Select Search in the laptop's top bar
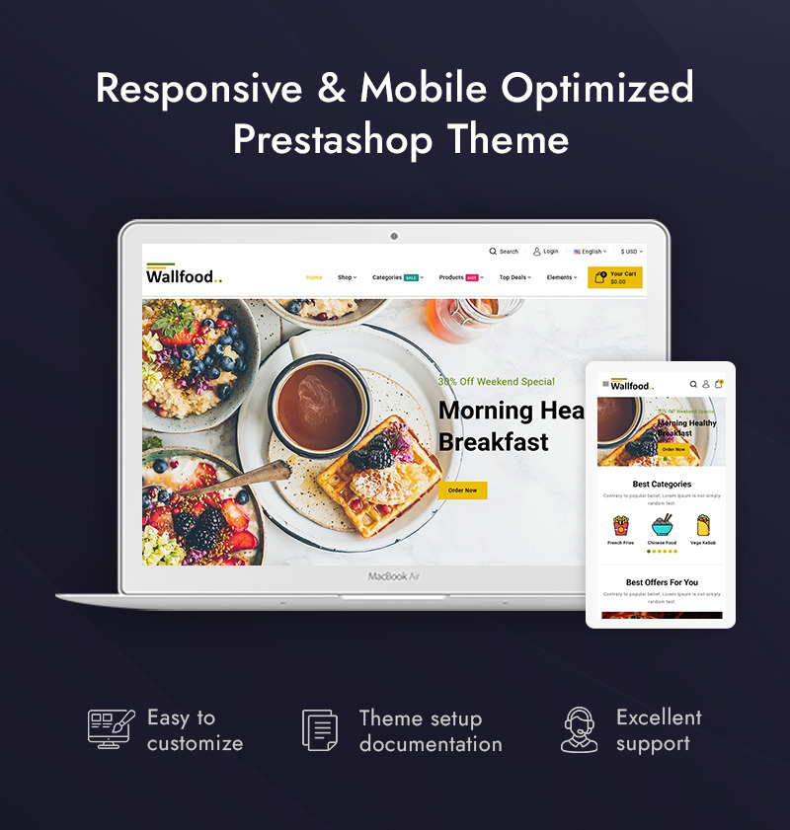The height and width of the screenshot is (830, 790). [504, 252]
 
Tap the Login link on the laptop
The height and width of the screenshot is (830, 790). [546, 252]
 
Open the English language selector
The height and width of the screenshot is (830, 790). [590, 252]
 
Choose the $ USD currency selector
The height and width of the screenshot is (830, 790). [630, 252]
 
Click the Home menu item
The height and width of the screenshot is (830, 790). [314, 277]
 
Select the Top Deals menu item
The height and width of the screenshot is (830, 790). [514, 277]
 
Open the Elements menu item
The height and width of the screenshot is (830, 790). [562, 277]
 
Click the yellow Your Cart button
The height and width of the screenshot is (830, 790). [614, 277]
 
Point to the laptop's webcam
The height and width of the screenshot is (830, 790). [394, 236]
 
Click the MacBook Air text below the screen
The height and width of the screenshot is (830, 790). [394, 575]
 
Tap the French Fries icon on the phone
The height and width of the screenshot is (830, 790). [621, 525]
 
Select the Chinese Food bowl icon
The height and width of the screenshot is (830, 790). [662, 525]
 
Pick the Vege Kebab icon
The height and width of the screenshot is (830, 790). [703, 525]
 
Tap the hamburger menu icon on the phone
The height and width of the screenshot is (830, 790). [605, 384]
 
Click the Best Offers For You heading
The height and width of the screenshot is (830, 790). [662, 582]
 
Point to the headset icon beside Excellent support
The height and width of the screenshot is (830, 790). [580, 730]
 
